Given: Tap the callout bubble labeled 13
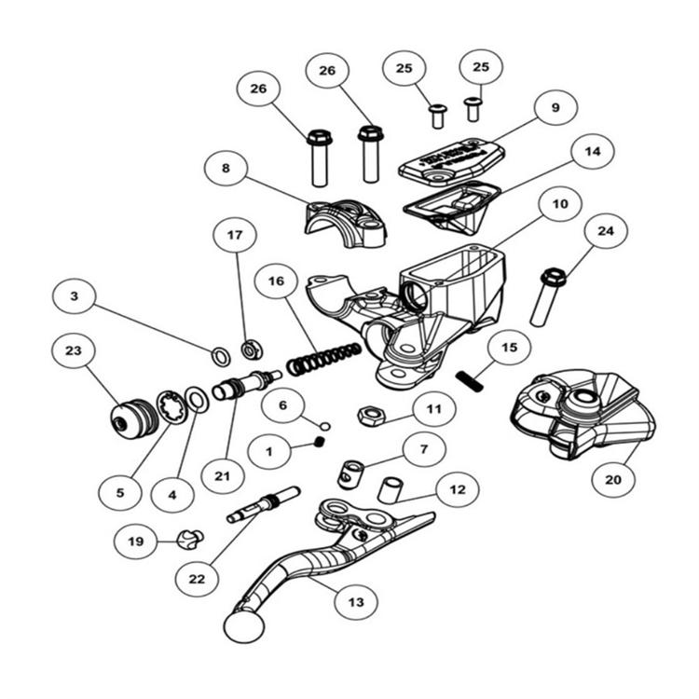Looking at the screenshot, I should click(x=357, y=601).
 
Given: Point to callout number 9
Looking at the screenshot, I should click(x=555, y=109).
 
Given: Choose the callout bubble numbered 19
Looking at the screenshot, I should click(x=136, y=540).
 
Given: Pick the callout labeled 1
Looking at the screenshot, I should click(x=270, y=451).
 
